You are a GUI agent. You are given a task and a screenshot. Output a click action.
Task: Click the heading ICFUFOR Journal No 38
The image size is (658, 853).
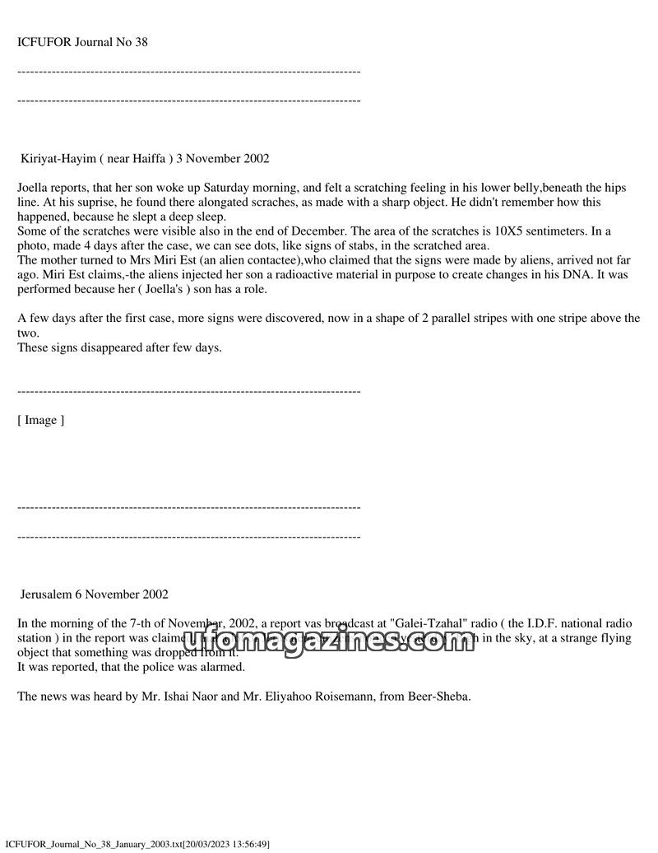click(x=82, y=42)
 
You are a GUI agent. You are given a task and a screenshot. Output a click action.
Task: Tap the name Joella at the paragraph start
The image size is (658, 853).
click(x=34, y=188)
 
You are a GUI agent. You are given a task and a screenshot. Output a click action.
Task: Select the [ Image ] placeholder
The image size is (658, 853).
click(x=40, y=420)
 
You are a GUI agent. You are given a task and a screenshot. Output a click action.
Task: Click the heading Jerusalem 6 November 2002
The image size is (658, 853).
click(x=95, y=594)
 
